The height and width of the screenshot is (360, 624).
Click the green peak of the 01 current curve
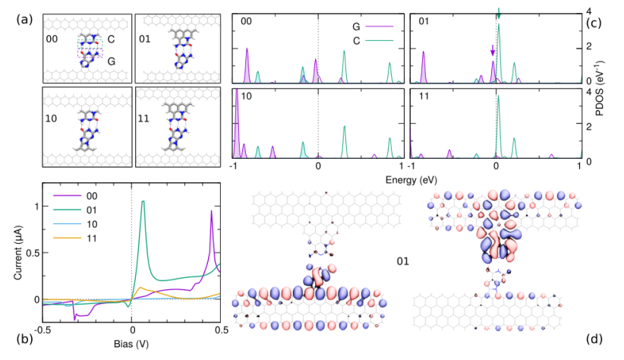pos(143,202)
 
